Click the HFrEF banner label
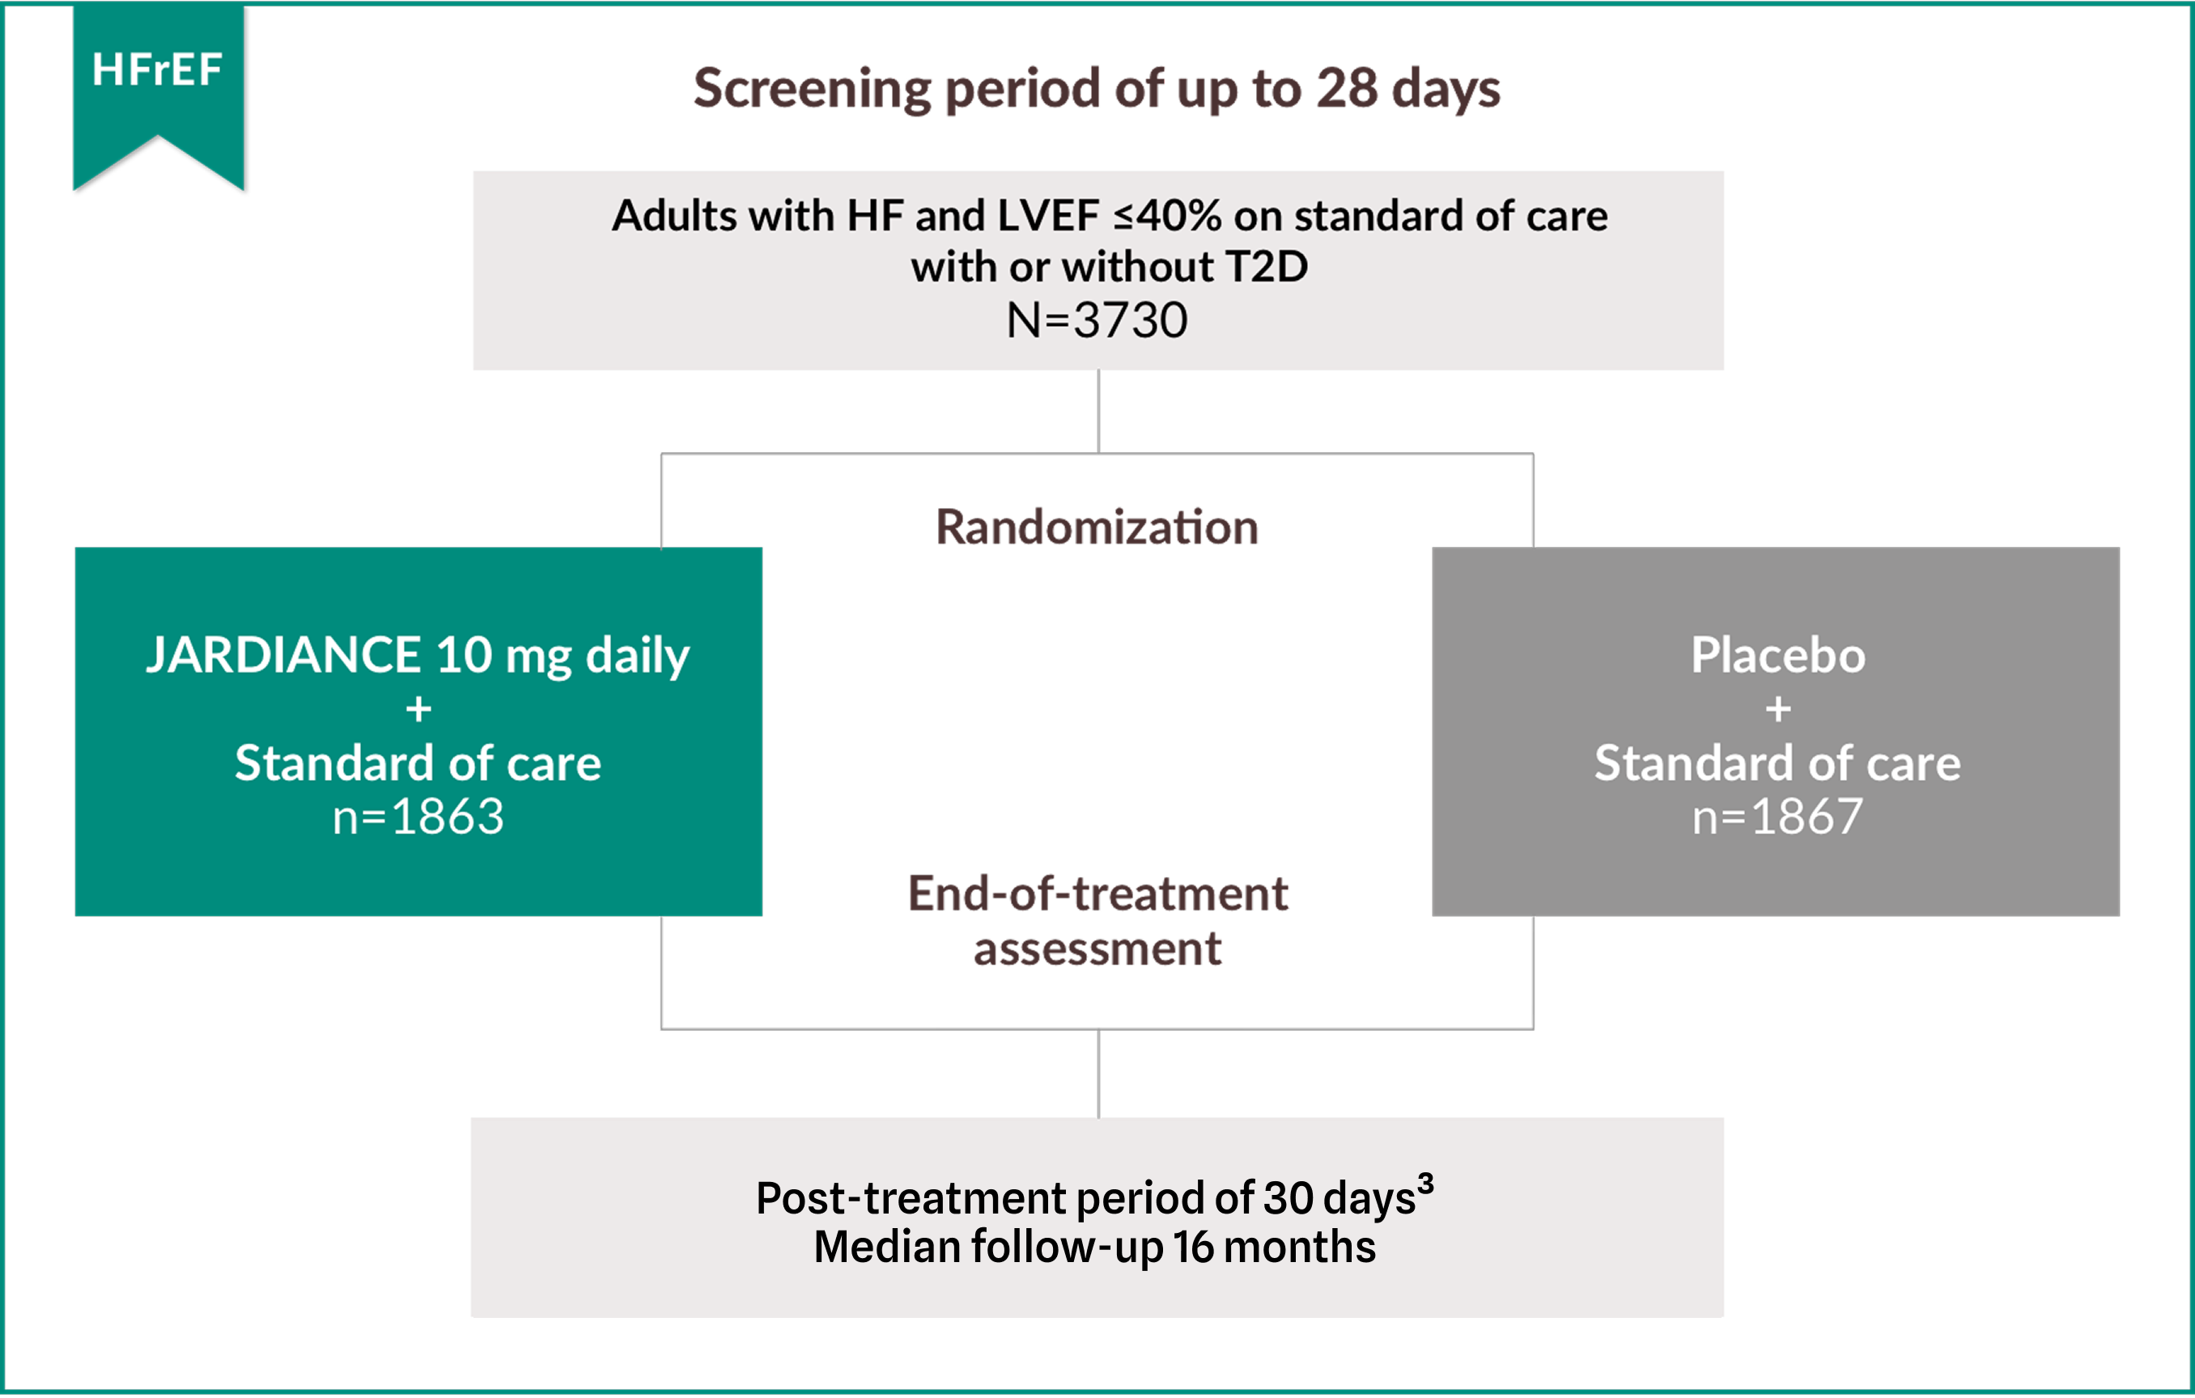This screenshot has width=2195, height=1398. click(157, 70)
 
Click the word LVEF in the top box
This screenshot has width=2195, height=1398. click(1048, 216)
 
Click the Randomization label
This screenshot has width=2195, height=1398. click(1097, 527)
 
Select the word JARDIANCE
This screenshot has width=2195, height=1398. click(283, 655)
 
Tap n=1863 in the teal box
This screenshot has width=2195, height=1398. click(418, 815)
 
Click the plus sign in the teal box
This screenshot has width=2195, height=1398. click(418, 709)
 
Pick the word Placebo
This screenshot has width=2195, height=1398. click(1777, 655)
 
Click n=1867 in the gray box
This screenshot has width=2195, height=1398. click(1777, 815)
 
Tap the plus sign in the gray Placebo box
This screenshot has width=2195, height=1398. click(1777, 709)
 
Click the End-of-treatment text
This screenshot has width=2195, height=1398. click(1097, 893)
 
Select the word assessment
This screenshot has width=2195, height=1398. click(1097, 949)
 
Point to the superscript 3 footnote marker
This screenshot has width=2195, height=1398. click(1424, 1184)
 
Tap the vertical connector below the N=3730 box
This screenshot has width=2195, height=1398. click(1098, 410)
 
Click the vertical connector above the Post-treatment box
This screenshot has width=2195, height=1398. click(1098, 1074)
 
